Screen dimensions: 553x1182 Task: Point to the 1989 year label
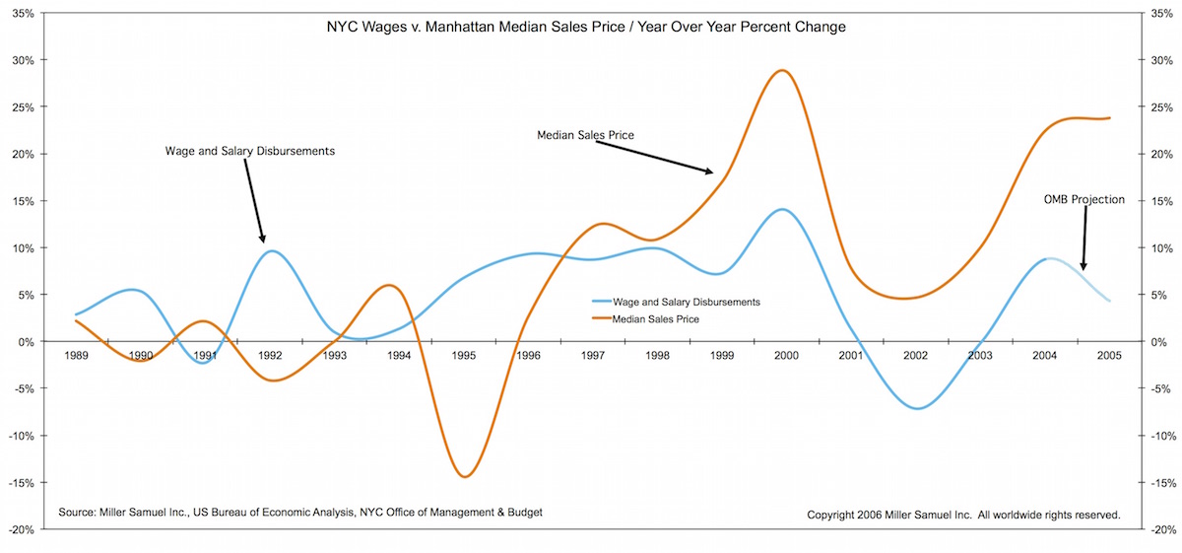coord(76,355)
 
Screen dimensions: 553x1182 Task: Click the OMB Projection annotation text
coord(1083,200)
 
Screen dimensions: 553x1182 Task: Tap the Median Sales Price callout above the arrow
coord(585,134)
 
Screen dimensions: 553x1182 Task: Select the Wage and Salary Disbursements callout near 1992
coord(250,152)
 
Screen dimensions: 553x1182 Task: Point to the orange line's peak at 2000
coord(782,70)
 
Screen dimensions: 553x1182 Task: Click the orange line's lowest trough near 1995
coord(465,477)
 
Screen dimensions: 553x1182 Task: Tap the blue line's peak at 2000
coord(782,209)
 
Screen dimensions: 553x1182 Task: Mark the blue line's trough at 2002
coord(918,408)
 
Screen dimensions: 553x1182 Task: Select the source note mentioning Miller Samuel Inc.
coord(300,513)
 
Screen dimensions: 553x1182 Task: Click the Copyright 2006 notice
coord(963,515)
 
